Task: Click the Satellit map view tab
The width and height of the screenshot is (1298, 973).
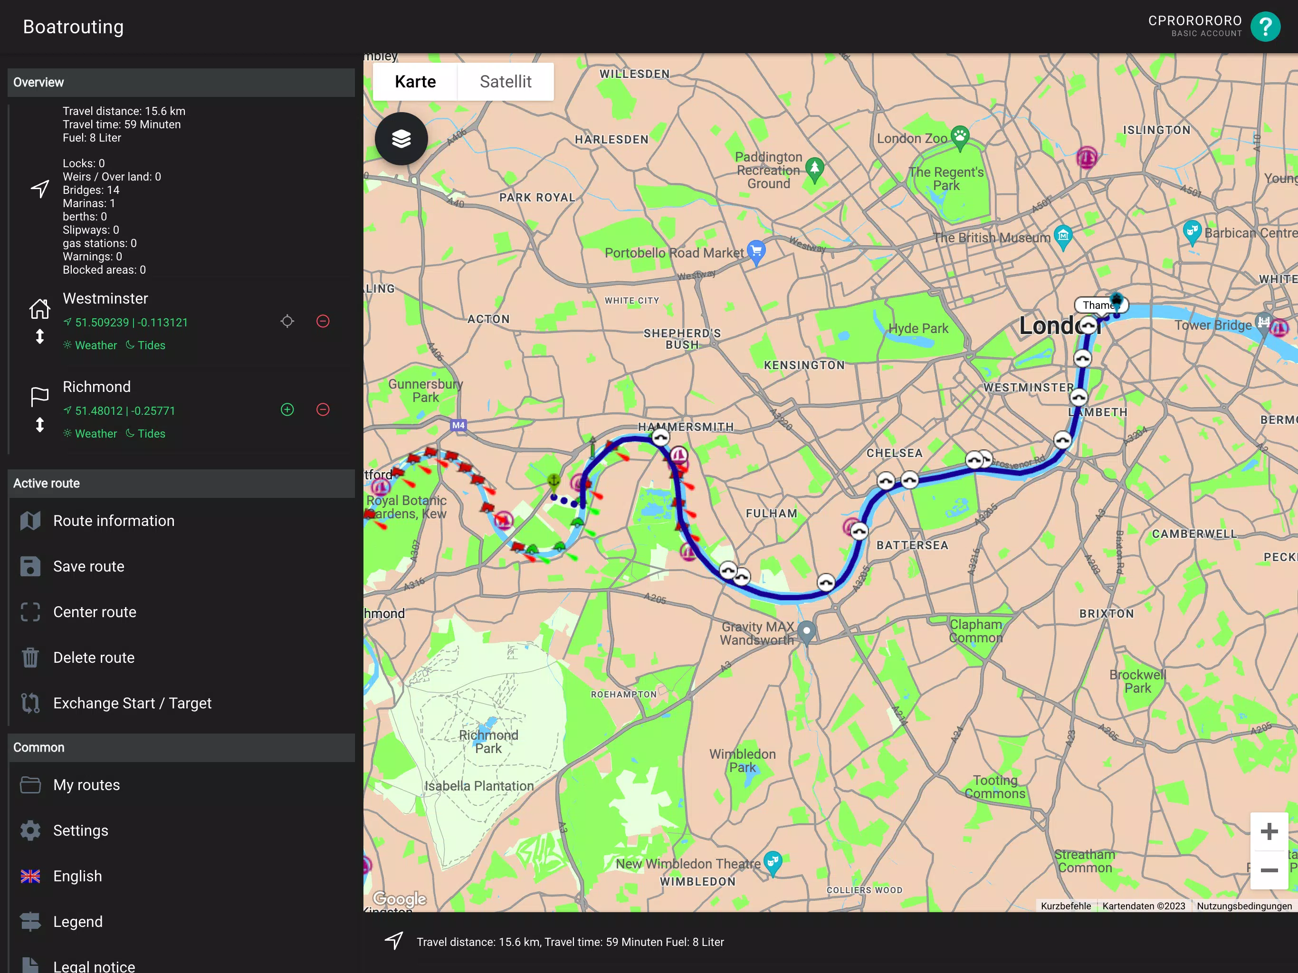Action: (505, 82)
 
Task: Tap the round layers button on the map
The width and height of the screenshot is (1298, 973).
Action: (401, 139)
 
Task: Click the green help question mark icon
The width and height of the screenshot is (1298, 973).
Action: (1265, 27)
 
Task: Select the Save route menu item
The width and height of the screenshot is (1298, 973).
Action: (88, 566)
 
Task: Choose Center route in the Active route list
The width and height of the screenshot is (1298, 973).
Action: (95, 612)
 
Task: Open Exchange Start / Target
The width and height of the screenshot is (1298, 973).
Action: (132, 703)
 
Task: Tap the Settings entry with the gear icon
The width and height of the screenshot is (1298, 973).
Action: (80, 830)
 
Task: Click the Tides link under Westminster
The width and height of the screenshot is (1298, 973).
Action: (146, 345)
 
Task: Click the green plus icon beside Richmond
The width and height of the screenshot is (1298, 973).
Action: (287, 410)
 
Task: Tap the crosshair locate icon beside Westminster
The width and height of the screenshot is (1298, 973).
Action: (287, 321)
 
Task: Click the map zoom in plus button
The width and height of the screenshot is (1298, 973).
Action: (1269, 831)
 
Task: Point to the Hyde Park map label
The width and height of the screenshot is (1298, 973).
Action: (918, 329)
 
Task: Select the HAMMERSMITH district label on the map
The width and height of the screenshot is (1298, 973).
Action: (686, 427)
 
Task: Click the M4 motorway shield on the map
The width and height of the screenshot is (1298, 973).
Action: (458, 425)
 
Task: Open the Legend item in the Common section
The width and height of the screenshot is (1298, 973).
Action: (77, 921)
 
